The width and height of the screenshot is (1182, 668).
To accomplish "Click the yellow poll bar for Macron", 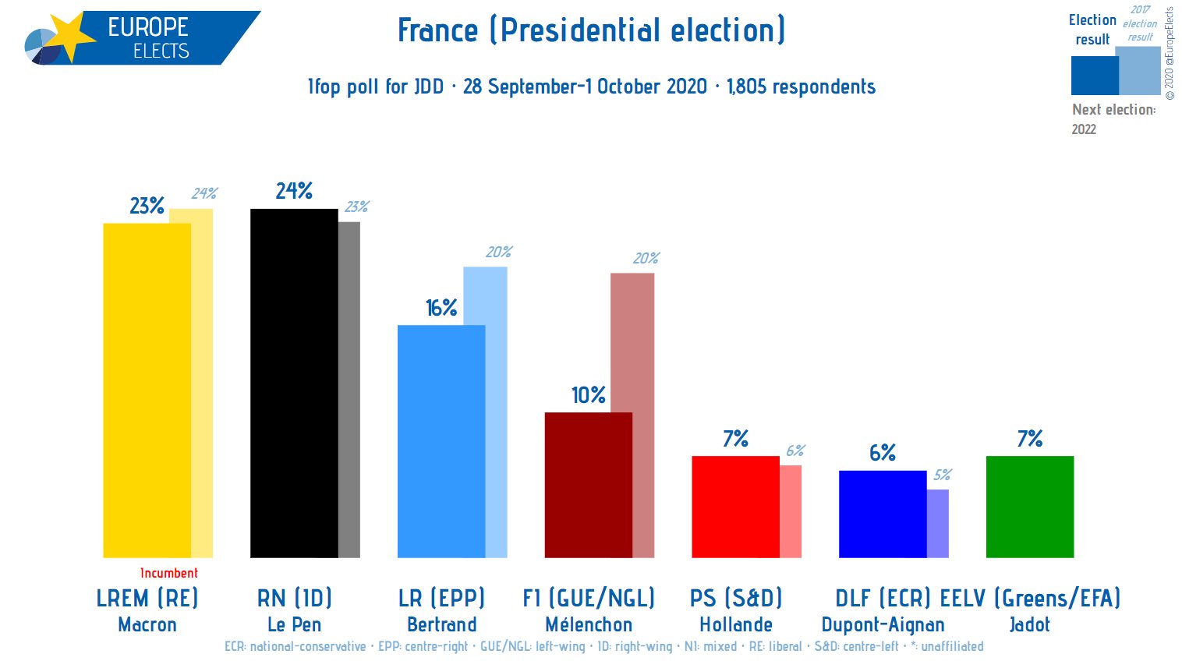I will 147,390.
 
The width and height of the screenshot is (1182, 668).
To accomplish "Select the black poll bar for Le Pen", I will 294,382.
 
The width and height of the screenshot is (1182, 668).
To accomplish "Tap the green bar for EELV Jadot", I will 1029,507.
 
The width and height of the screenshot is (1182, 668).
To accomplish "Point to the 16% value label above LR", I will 441,309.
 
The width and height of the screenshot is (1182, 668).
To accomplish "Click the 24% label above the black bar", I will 294,191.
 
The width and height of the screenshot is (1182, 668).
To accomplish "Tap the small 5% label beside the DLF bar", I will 942,475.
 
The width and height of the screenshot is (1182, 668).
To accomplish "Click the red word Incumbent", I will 168,573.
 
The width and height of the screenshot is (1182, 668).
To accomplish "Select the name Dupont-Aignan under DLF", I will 883,624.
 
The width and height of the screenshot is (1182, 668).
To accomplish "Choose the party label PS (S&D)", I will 735,598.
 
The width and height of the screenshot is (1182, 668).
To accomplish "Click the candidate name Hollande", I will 735,624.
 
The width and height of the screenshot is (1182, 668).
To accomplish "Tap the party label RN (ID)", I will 294,598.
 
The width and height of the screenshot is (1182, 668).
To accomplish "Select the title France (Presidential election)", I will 591,30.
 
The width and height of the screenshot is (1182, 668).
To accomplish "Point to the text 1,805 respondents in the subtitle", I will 801,87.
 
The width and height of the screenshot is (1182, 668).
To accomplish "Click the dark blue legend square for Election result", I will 1093,76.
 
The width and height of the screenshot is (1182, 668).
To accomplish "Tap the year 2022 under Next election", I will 1084,129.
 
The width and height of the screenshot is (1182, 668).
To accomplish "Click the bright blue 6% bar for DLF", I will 882,514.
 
